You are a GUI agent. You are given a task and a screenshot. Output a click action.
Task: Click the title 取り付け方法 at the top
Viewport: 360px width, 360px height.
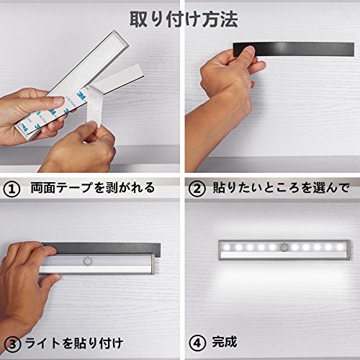(184, 19)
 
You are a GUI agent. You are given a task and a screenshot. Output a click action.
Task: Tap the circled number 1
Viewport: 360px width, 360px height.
(12, 189)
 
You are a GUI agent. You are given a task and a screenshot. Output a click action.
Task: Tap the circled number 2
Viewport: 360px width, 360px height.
(197, 189)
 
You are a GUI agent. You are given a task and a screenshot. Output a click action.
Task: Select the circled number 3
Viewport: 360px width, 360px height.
(13, 344)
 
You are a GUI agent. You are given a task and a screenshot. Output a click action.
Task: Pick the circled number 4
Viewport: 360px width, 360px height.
(197, 343)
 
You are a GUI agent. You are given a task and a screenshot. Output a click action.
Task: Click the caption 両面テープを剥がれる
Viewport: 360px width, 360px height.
(93, 188)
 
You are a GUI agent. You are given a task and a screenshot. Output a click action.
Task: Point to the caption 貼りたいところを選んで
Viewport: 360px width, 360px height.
(281, 188)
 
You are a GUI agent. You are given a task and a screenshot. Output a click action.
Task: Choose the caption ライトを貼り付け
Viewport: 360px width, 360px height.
(74, 343)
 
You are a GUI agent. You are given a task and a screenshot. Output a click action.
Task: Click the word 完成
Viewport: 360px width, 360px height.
(225, 342)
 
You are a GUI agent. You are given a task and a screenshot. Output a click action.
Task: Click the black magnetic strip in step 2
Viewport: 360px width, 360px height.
(294, 50)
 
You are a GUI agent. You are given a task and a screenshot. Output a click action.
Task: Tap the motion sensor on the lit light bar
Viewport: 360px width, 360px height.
(284, 247)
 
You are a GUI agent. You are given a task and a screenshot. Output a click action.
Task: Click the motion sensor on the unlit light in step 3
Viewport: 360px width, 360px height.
(87, 261)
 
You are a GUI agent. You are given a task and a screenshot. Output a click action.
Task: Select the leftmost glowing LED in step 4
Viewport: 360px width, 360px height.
(227, 247)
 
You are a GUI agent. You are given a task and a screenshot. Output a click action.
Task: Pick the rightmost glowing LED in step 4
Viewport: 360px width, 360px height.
(340, 247)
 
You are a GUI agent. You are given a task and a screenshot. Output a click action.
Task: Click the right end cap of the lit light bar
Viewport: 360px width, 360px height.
(348, 250)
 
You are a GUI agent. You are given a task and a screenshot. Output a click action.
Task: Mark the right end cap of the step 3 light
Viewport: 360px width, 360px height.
(152, 264)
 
